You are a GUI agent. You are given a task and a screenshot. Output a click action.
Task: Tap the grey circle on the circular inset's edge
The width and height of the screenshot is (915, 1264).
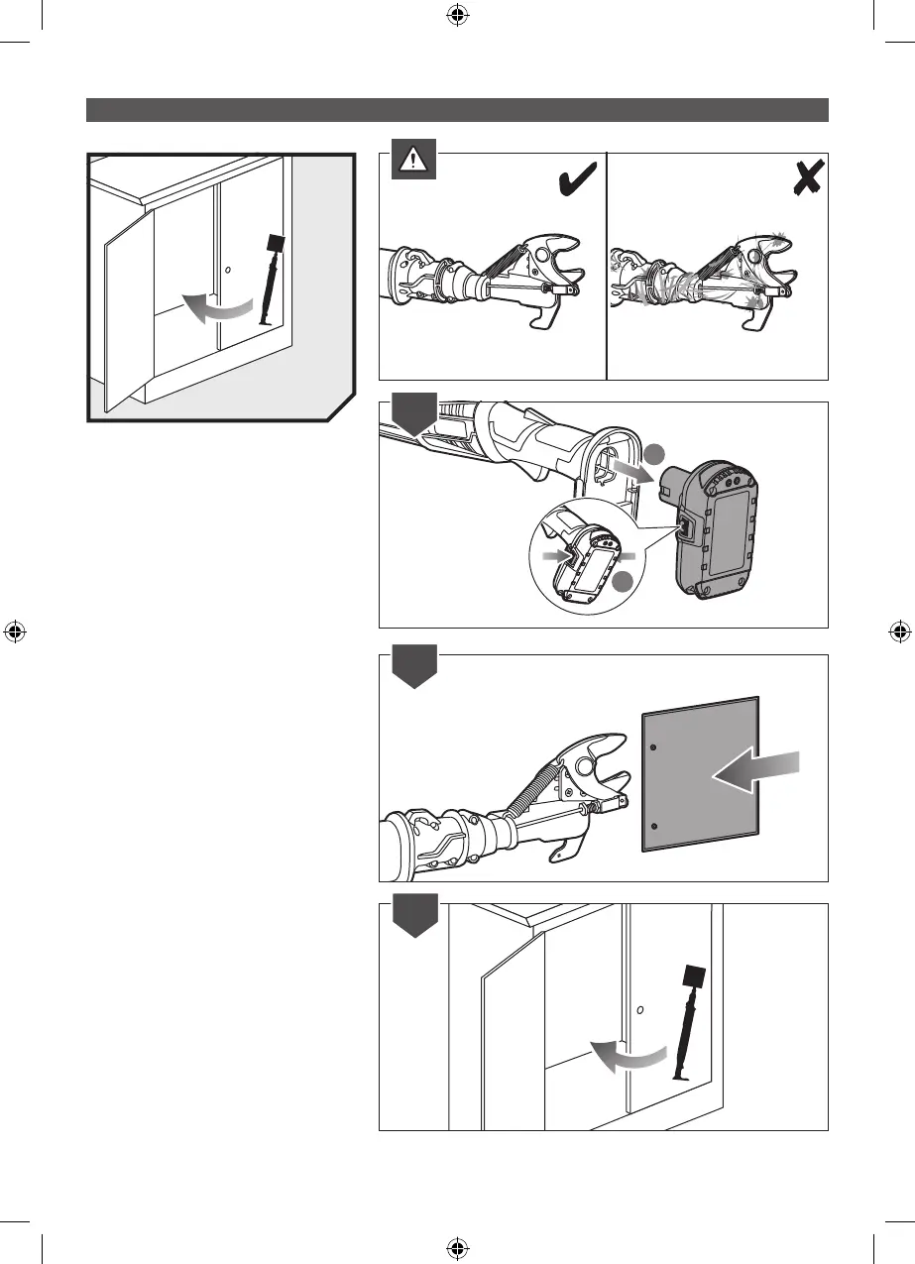pyautogui.click(x=623, y=586)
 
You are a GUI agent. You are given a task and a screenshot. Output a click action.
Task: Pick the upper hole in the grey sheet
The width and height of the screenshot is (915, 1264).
pyautogui.click(x=651, y=746)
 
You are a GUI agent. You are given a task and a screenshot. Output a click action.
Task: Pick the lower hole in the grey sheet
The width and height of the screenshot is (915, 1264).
pyautogui.click(x=651, y=825)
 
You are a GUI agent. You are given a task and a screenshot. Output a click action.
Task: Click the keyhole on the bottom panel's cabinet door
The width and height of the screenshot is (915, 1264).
pyautogui.click(x=640, y=1011)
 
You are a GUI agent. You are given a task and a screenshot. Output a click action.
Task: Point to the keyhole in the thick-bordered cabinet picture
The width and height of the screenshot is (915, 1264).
pyautogui.click(x=228, y=271)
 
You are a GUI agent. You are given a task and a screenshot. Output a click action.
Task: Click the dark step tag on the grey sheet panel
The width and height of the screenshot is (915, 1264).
pyautogui.click(x=413, y=670)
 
